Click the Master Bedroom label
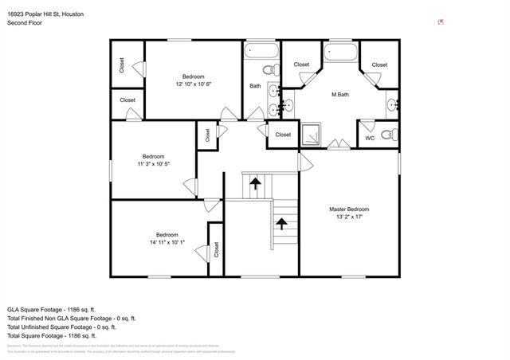click(349, 209)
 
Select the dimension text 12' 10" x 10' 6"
click(194, 84)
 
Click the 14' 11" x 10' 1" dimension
click(167, 242)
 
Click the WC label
click(370, 139)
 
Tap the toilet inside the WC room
click(387, 135)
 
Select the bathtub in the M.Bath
click(341, 53)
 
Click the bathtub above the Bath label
click(261, 53)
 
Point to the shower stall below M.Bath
click(312, 135)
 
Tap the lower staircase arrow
click(280, 225)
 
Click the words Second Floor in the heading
click(25, 23)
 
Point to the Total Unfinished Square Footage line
click(62, 327)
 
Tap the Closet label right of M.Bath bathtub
click(379, 65)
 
